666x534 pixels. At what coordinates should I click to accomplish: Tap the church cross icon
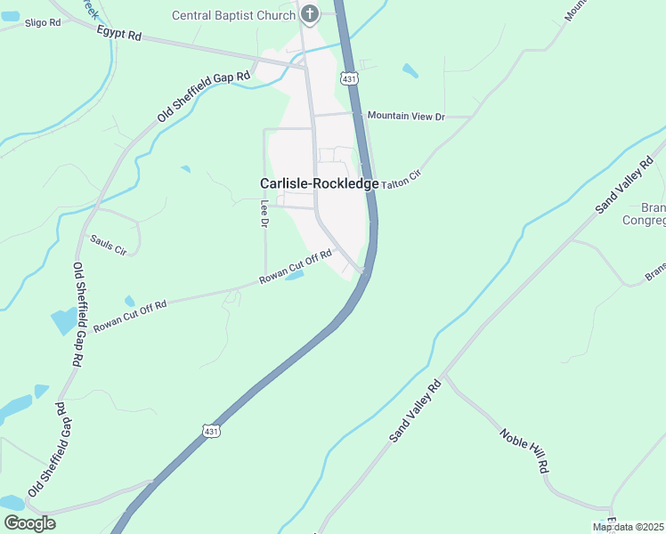pos(310,12)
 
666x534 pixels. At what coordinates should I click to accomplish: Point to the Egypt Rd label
pos(119,35)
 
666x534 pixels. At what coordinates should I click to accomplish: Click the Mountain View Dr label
pos(406,116)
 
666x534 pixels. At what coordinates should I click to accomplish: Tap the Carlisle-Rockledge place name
pos(320,182)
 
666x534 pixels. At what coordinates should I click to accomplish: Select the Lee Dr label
pos(264,213)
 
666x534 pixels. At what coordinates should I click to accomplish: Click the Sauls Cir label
pos(109,243)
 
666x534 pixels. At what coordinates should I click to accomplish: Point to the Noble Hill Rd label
pos(524,450)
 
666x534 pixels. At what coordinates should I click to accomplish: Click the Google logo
pos(29,523)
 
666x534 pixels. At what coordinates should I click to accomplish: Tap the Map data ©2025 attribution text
pos(628,527)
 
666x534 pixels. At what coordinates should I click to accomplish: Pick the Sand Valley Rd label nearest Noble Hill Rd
pos(415,411)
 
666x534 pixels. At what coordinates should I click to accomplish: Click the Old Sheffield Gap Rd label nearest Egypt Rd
pos(205,97)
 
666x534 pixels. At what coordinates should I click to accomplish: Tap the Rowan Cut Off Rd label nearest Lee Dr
pos(296,266)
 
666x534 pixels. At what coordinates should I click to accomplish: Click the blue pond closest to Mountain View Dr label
pos(410,69)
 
